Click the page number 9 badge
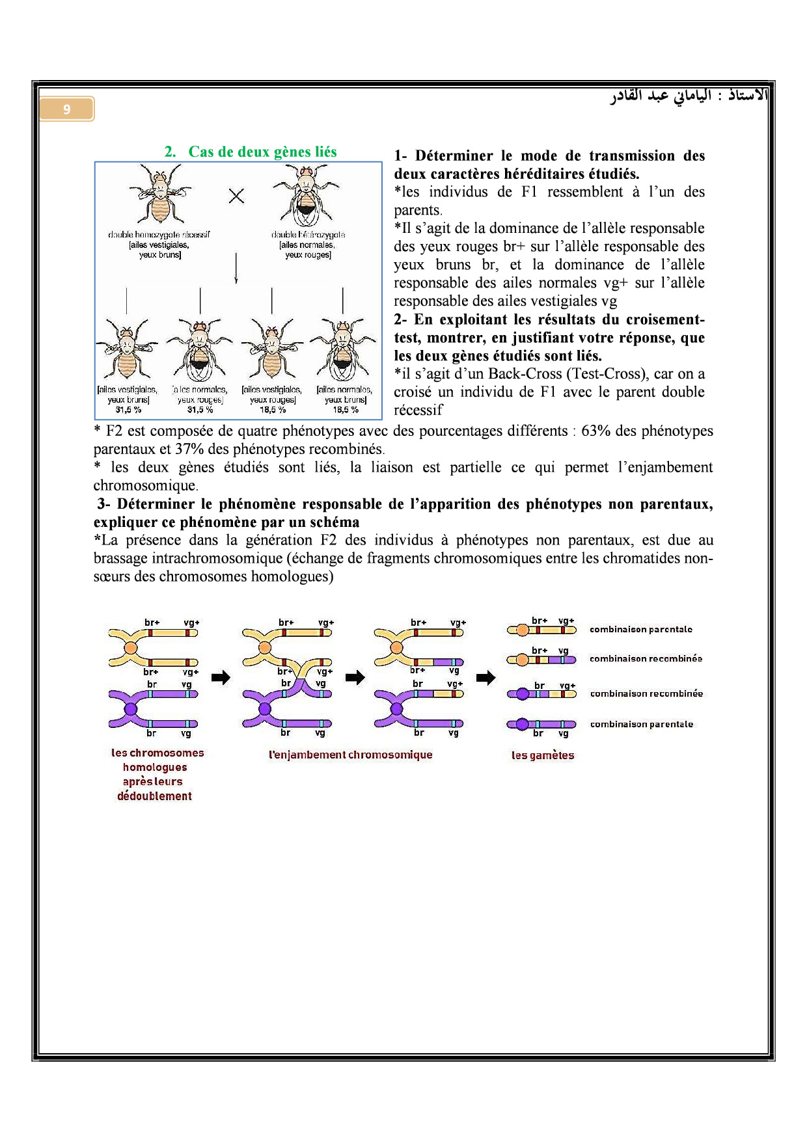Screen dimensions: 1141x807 66,109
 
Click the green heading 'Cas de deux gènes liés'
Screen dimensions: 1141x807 262,152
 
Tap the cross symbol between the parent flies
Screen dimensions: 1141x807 236,195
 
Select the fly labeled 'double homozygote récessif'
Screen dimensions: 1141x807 159,193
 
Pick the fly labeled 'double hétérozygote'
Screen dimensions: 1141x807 307,195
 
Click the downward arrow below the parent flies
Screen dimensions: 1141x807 236,267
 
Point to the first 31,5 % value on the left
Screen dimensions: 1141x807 128,410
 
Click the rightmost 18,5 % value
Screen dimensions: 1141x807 346,410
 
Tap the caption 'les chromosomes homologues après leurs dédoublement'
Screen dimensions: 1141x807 156,774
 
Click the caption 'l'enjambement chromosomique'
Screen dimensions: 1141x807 351,755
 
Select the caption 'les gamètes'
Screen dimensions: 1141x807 543,755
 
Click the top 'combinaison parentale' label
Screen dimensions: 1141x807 641,629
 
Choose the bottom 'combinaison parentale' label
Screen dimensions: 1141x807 642,724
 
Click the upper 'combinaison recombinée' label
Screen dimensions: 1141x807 646,658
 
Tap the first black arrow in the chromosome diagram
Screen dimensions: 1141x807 221,678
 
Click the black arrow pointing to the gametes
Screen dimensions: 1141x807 486,678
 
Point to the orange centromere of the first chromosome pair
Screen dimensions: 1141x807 131,648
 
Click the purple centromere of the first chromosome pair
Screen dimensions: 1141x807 131,708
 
